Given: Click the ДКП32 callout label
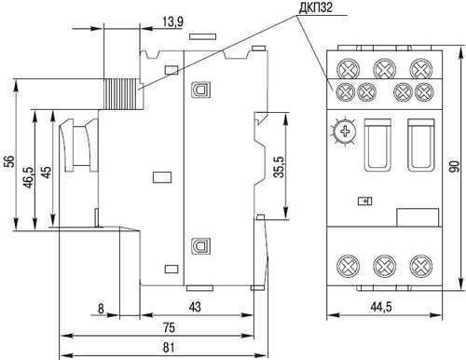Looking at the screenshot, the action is tap(315, 7).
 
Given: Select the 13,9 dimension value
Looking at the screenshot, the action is tap(172, 21).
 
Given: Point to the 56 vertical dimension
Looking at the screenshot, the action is tap(10, 161).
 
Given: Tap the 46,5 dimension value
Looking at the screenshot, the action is tap(28, 177).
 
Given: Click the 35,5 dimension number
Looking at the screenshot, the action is tap(279, 167).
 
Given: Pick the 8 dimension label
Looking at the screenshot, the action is tap(101, 309).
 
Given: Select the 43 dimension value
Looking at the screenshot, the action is tap(195, 307).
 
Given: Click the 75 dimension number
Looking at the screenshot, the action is tap(169, 327).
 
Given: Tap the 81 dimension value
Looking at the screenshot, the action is tap(169, 347).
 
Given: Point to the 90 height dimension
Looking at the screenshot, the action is tap(454, 168).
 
